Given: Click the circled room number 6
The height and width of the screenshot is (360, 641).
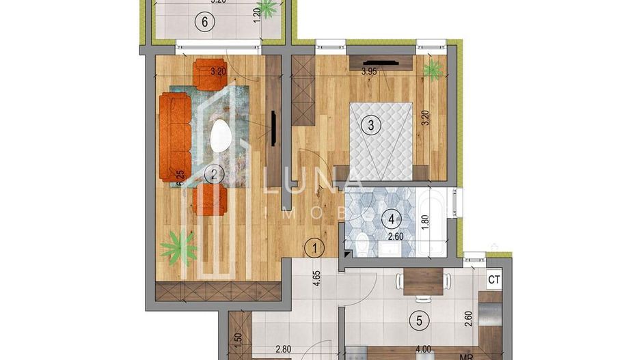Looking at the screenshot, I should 204,21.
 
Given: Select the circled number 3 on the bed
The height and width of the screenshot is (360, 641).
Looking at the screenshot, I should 371,125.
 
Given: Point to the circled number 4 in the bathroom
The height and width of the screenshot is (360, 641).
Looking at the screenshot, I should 392,219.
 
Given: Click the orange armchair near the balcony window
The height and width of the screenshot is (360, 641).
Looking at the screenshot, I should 210,73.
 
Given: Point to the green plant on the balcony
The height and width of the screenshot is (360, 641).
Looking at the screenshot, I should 269,8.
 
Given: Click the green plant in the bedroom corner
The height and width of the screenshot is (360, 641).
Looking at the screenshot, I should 431,68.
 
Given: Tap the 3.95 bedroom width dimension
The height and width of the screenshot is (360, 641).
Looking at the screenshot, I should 370,70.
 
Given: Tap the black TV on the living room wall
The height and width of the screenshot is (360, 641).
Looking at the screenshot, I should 273,128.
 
